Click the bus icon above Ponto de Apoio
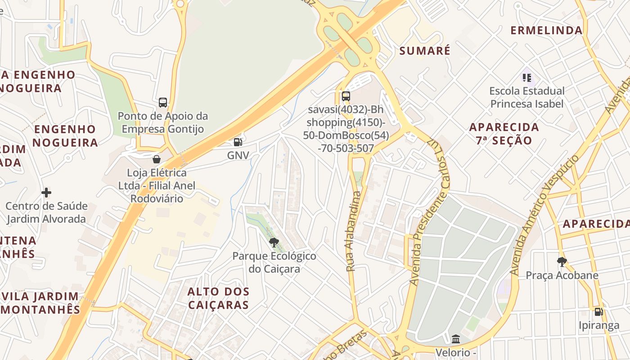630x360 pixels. (x=163, y=102)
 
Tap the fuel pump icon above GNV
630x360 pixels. (x=238, y=142)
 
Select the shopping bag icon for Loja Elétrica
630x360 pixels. (x=157, y=159)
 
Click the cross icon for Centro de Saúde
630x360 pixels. (x=46, y=193)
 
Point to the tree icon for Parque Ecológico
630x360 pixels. (x=274, y=243)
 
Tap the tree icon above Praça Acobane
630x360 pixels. (x=562, y=261)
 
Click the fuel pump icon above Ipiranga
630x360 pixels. (x=598, y=311)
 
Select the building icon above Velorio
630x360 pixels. (x=456, y=339)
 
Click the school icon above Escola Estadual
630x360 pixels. (x=527, y=77)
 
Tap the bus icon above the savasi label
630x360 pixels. (x=346, y=96)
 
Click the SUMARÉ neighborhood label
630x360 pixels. (x=425, y=51)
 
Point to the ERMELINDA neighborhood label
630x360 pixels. (x=546, y=31)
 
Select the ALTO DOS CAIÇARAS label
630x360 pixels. (x=218, y=298)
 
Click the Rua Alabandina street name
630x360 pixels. (x=354, y=231)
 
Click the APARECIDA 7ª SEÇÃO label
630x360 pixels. (x=504, y=133)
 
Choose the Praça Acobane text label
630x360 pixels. (x=562, y=275)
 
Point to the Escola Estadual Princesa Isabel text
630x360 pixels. (x=526, y=97)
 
